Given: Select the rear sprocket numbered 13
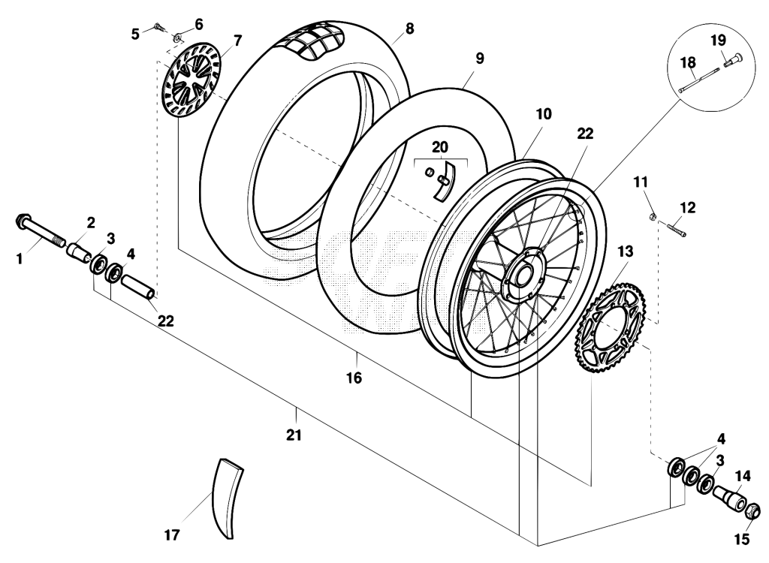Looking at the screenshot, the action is (611, 327).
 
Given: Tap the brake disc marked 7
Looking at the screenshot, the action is (191, 80).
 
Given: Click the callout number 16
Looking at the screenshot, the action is (354, 378).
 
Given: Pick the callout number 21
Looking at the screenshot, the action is (294, 435).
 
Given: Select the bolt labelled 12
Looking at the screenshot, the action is (676, 229).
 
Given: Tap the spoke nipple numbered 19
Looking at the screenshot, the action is (733, 61).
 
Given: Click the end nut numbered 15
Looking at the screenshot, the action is (752, 513).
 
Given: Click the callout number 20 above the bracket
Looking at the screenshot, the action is (440, 146).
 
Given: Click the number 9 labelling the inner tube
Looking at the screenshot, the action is (479, 58).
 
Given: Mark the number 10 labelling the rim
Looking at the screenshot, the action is (544, 114).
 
